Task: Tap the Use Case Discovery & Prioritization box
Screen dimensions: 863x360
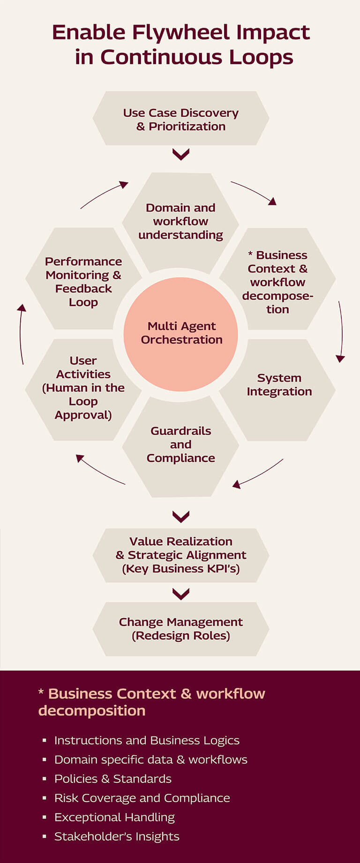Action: [181, 119]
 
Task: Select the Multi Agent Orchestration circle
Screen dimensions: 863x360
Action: [181, 333]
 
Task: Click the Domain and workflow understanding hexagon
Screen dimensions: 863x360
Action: [181, 221]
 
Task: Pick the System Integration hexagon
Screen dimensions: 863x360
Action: [278, 385]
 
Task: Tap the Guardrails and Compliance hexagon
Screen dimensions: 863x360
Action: [181, 444]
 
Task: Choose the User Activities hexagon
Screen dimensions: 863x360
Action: [83, 388]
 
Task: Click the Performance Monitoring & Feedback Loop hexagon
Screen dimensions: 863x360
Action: [83, 281]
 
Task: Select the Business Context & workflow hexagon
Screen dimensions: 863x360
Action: [277, 281]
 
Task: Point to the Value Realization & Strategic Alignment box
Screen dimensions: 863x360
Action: [181, 555]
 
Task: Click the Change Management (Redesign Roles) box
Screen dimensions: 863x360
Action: [181, 629]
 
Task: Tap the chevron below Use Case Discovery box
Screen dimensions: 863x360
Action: [181, 154]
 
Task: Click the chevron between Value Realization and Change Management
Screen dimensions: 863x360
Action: [181, 594]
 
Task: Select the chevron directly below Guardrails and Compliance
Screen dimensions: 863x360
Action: [181, 517]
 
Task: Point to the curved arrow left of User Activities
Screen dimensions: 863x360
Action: [21, 334]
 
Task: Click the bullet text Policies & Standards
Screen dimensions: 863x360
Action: [113, 779]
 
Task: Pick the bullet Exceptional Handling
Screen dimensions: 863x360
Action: [114, 817]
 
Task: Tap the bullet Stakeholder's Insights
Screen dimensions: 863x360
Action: [117, 836]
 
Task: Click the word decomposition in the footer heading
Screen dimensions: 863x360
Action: [92, 711]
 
